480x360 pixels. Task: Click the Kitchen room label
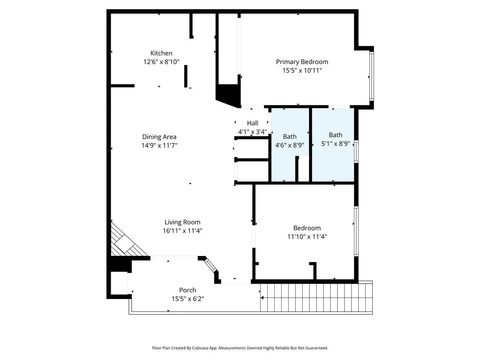click(x=161, y=53)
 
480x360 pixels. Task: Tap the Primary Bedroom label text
click(x=302, y=61)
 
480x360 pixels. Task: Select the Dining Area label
click(x=159, y=136)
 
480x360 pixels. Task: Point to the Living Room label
click(x=183, y=222)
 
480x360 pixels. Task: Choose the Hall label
click(x=252, y=123)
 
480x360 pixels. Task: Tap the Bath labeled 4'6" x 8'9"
click(x=289, y=136)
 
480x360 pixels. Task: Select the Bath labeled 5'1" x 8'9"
click(x=335, y=135)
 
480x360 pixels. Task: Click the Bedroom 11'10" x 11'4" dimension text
click(x=307, y=237)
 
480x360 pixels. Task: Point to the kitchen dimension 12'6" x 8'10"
click(x=161, y=62)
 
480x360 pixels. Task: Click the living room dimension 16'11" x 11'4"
click(x=183, y=231)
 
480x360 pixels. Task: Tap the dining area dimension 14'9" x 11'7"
click(x=159, y=145)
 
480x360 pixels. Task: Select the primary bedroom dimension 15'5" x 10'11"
click(x=302, y=70)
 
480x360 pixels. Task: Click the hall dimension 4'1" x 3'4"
click(x=252, y=132)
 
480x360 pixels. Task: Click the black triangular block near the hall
click(x=228, y=94)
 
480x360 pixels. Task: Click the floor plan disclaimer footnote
click(x=239, y=348)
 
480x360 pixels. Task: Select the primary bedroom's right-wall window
click(x=372, y=75)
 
